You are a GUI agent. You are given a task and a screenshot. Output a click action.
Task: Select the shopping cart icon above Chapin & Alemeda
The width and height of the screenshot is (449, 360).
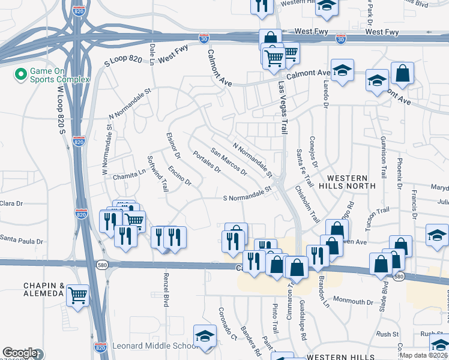(78, 295)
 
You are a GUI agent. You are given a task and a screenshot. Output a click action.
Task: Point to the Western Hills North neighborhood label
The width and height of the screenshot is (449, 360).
(351, 182)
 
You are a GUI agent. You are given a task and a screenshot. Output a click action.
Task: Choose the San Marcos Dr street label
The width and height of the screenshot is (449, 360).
(229, 161)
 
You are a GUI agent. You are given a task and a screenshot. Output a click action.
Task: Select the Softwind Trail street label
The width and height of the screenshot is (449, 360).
(158, 174)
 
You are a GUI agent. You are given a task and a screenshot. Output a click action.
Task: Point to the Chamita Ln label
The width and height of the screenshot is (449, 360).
(129, 172)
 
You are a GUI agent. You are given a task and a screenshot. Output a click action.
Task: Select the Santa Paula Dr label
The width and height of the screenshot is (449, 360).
(22, 241)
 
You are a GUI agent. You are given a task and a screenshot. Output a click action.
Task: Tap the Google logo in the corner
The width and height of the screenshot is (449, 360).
(20, 353)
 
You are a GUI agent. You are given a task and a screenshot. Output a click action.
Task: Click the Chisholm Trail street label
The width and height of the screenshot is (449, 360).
(307, 203)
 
